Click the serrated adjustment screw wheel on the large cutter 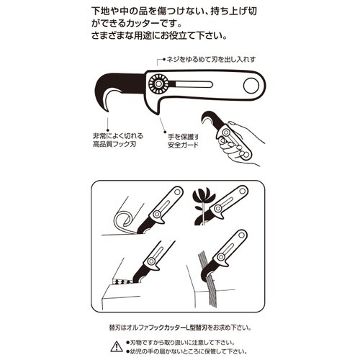156,85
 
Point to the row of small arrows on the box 121,281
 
